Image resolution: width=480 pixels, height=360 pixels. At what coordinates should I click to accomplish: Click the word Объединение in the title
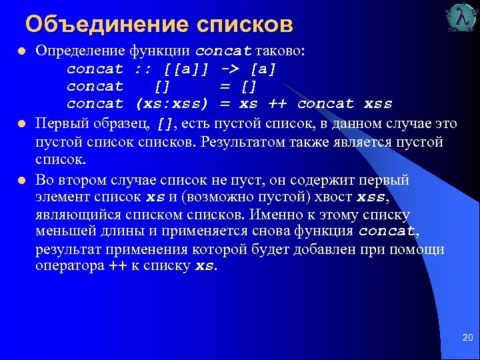point(107,24)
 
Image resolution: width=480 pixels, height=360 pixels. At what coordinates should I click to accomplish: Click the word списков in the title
point(245,24)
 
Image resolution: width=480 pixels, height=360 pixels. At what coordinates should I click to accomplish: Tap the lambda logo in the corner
point(462,18)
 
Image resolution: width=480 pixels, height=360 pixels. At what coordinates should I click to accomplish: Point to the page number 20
point(467,338)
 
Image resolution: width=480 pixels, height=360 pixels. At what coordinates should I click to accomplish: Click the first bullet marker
point(21,51)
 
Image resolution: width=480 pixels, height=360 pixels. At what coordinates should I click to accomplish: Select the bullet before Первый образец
point(21,124)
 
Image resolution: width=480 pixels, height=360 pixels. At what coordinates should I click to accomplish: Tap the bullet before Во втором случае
point(21,180)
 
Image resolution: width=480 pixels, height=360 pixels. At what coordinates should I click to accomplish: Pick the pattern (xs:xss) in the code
point(172,104)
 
